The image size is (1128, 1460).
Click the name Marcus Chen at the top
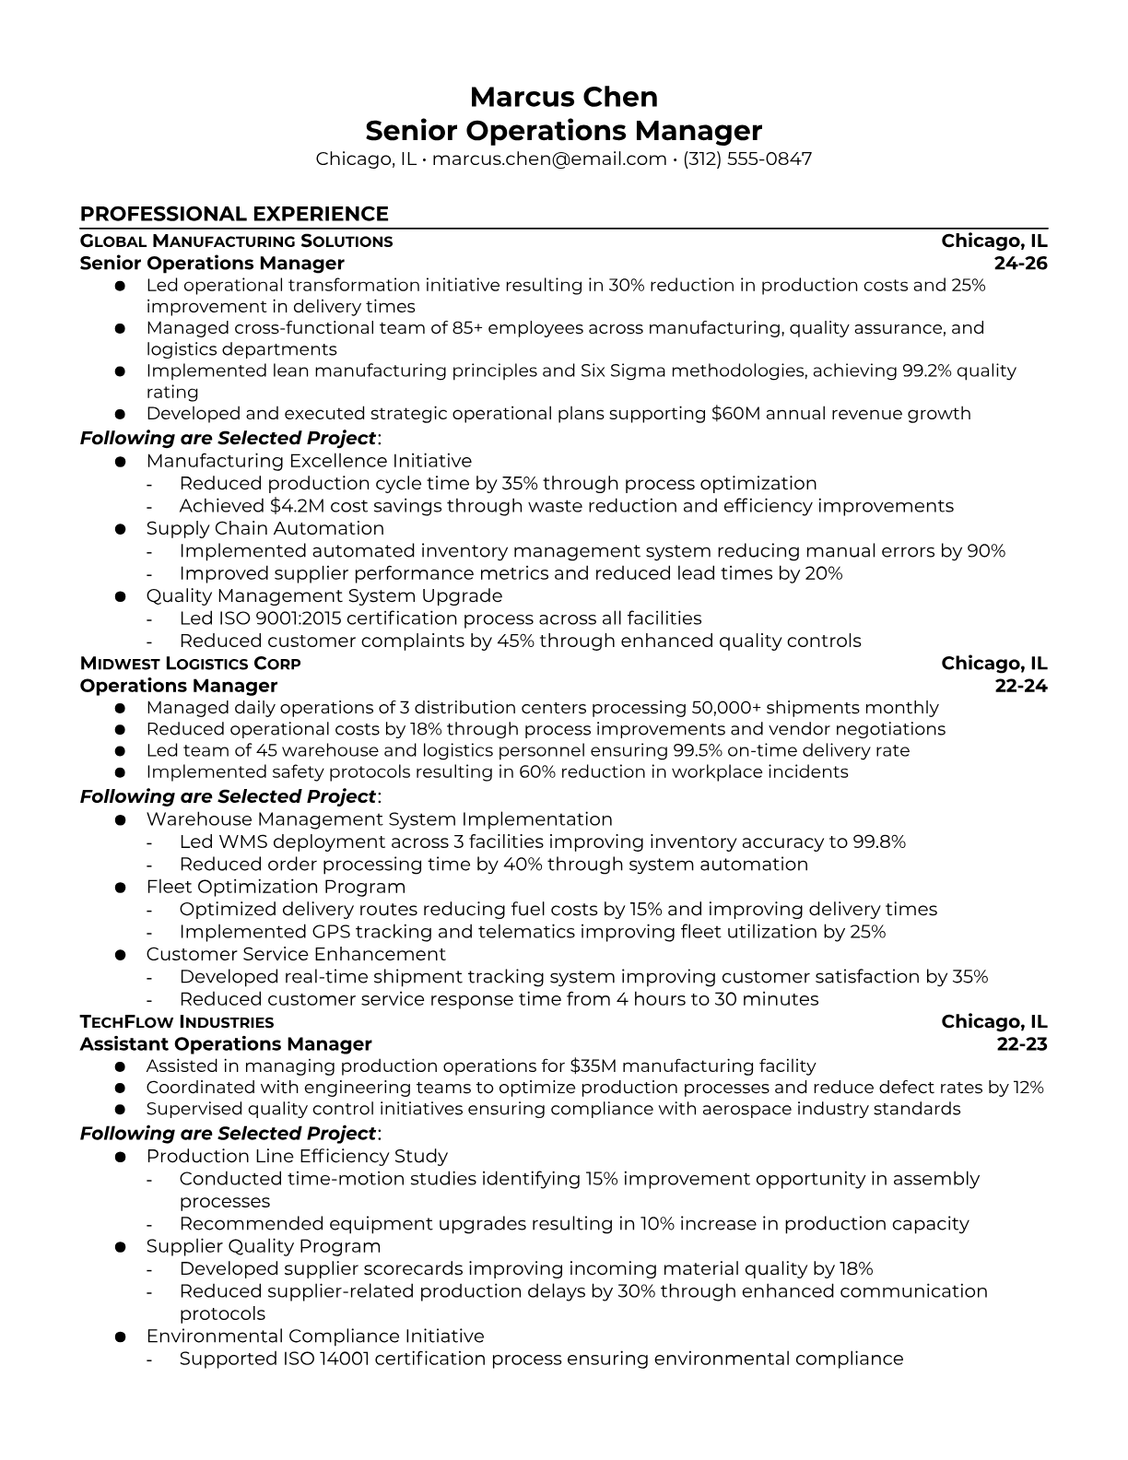point(563,97)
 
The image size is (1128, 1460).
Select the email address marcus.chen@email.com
point(549,159)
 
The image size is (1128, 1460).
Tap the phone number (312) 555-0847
point(747,159)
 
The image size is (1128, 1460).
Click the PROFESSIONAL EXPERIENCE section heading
point(234,214)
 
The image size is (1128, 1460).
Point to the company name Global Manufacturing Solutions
point(236,241)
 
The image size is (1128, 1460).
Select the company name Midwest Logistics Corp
point(190,664)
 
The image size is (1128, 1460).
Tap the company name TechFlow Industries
point(177,1022)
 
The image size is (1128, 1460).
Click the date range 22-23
point(1022,1044)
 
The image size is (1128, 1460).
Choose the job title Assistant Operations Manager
point(226,1044)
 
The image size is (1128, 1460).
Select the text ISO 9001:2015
point(277,618)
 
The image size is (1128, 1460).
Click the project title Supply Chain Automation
point(265,529)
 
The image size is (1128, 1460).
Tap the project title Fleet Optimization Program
point(276,887)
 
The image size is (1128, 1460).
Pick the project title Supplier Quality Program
point(264,1246)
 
